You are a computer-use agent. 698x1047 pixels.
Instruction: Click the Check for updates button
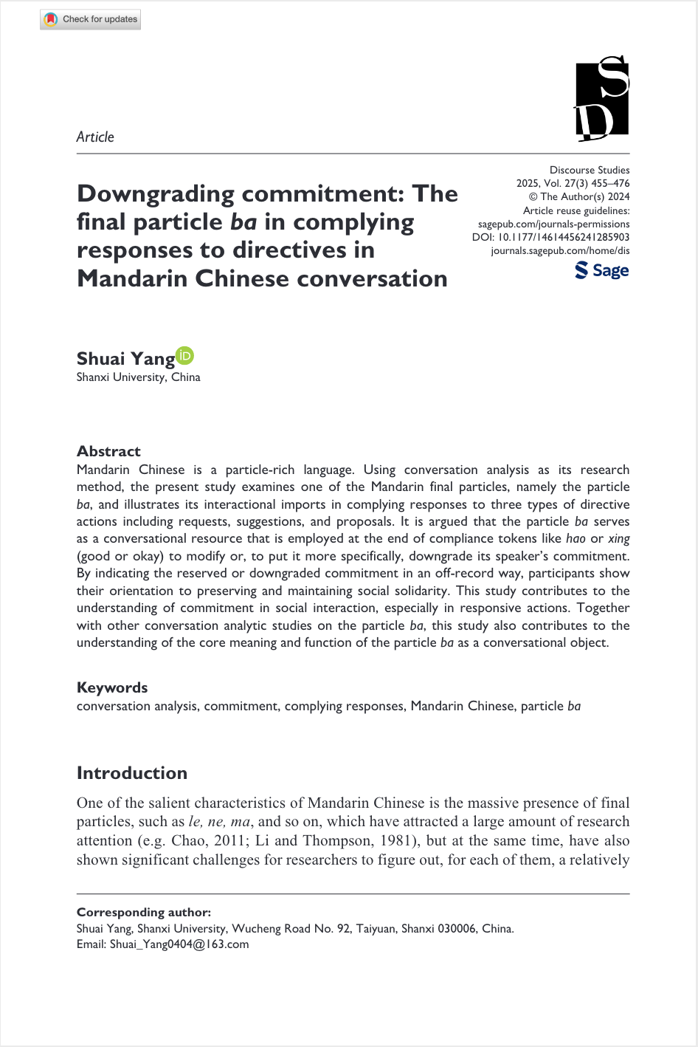point(91,19)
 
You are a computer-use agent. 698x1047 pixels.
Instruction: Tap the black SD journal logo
point(602,99)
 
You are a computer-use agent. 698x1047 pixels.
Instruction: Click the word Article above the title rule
point(95,137)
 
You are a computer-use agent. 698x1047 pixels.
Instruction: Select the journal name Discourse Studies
point(590,170)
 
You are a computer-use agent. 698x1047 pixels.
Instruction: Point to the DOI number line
point(550,237)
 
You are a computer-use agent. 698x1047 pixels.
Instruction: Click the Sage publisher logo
point(602,270)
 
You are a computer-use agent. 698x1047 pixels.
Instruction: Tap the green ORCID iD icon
point(184,356)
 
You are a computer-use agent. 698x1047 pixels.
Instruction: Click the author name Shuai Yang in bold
point(125,359)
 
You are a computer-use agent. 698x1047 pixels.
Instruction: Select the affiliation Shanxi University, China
point(139,377)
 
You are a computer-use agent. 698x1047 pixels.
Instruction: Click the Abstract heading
point(108,451)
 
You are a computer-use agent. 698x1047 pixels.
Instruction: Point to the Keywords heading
point(112,687)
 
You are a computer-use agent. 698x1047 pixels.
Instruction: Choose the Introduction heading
point(132,773)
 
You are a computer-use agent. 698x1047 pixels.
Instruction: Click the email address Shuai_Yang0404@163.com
point(179,944)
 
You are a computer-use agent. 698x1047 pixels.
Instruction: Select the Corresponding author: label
point(144,913)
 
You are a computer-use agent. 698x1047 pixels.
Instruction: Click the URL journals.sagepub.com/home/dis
point(560,250)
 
